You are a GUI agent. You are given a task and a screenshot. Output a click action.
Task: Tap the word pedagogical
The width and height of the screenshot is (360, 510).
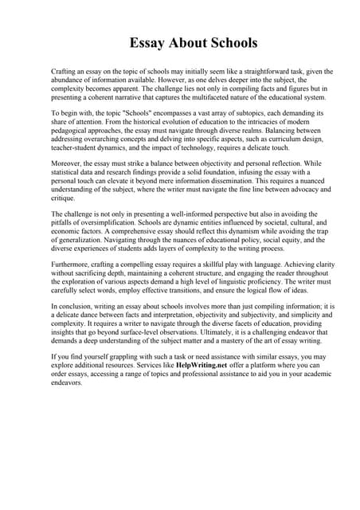pyautogui.click(x=73, y=132)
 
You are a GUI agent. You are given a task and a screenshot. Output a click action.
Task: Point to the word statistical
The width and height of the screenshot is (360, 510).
pyautogui.click(x=69, y=172)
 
